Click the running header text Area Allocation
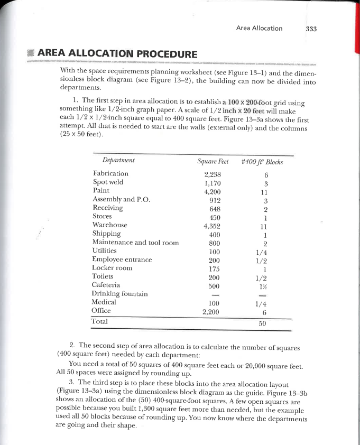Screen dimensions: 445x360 point(259,29)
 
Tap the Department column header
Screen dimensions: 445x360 point(118,160)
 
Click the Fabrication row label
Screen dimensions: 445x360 point(110,173)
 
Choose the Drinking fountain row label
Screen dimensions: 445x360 point(119,294)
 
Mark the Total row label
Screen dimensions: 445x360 point(100,321)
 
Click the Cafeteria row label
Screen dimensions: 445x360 point(107,285)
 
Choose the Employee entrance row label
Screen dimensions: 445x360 point(122,259)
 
